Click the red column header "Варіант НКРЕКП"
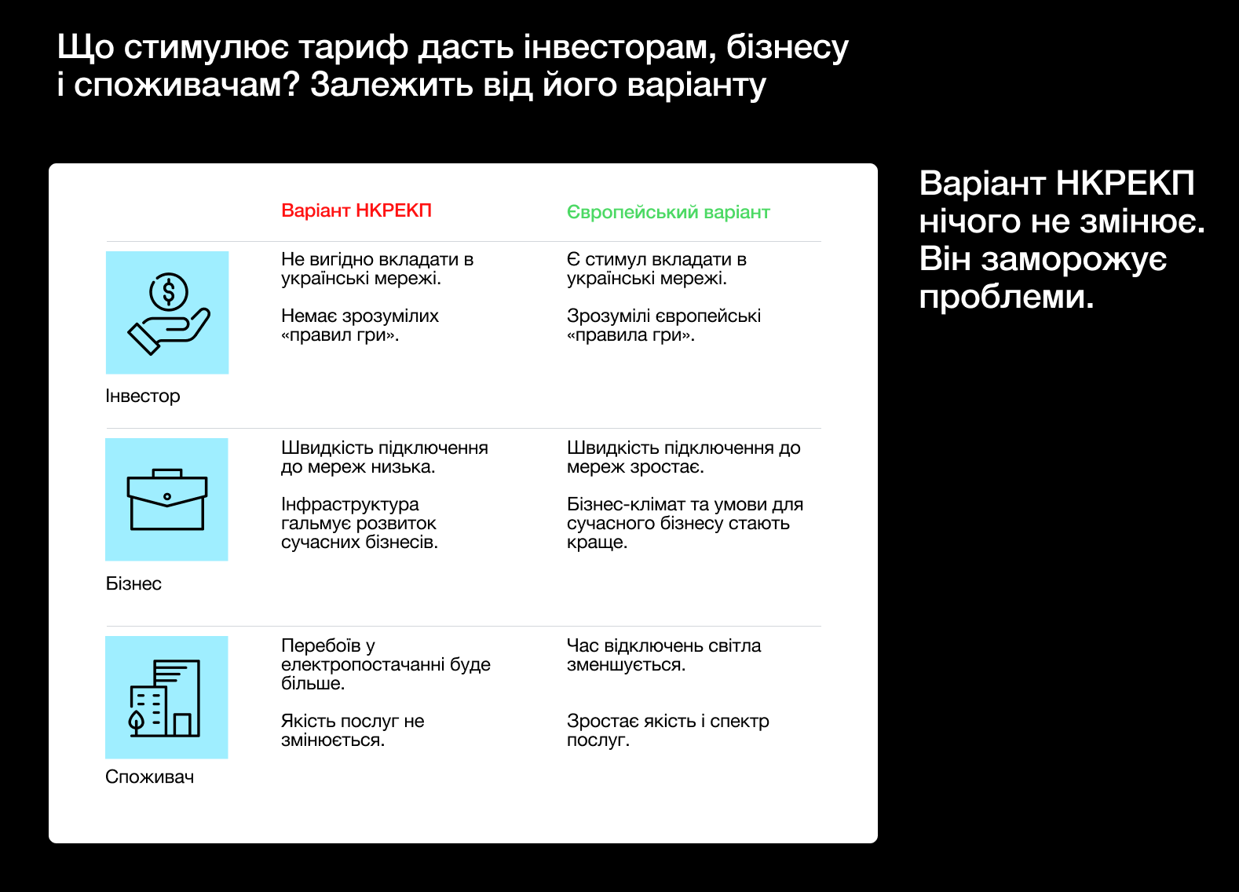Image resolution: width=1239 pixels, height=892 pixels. tap(356, 210)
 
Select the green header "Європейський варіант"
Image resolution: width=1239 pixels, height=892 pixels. tap(668, 212)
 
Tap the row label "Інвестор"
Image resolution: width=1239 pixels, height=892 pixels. tap(143, 396)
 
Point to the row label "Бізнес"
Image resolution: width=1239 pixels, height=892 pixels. tap(133, 583)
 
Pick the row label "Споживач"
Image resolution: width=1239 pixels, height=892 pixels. tap(149, 777)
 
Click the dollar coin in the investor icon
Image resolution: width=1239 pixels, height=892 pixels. tap(169, 292)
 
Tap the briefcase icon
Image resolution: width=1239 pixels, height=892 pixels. tap(167, 500)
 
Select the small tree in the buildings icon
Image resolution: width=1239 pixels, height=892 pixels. tap(137, 722)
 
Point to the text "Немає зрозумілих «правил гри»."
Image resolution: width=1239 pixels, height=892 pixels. tap(360, 325)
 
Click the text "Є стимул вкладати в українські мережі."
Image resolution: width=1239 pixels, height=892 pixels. tap(656, 269)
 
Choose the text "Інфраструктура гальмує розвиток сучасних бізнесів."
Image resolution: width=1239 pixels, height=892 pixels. tap(359, 523)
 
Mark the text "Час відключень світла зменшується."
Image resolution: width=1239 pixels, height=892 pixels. tap(663, 655)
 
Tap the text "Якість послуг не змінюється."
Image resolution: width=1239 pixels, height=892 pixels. tap(353, 730)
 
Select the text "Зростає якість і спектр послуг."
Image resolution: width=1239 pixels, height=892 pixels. tap(667, 730)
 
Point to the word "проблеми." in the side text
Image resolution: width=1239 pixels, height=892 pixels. tap(1007, 297)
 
